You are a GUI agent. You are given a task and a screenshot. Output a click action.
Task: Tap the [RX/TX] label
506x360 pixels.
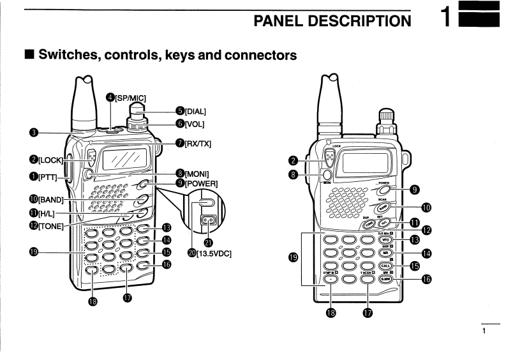coord(196,144)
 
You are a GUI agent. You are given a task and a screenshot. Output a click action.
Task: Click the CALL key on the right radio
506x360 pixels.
coord(386,266)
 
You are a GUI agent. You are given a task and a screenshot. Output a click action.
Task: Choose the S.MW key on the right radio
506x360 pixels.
coord(385,278)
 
